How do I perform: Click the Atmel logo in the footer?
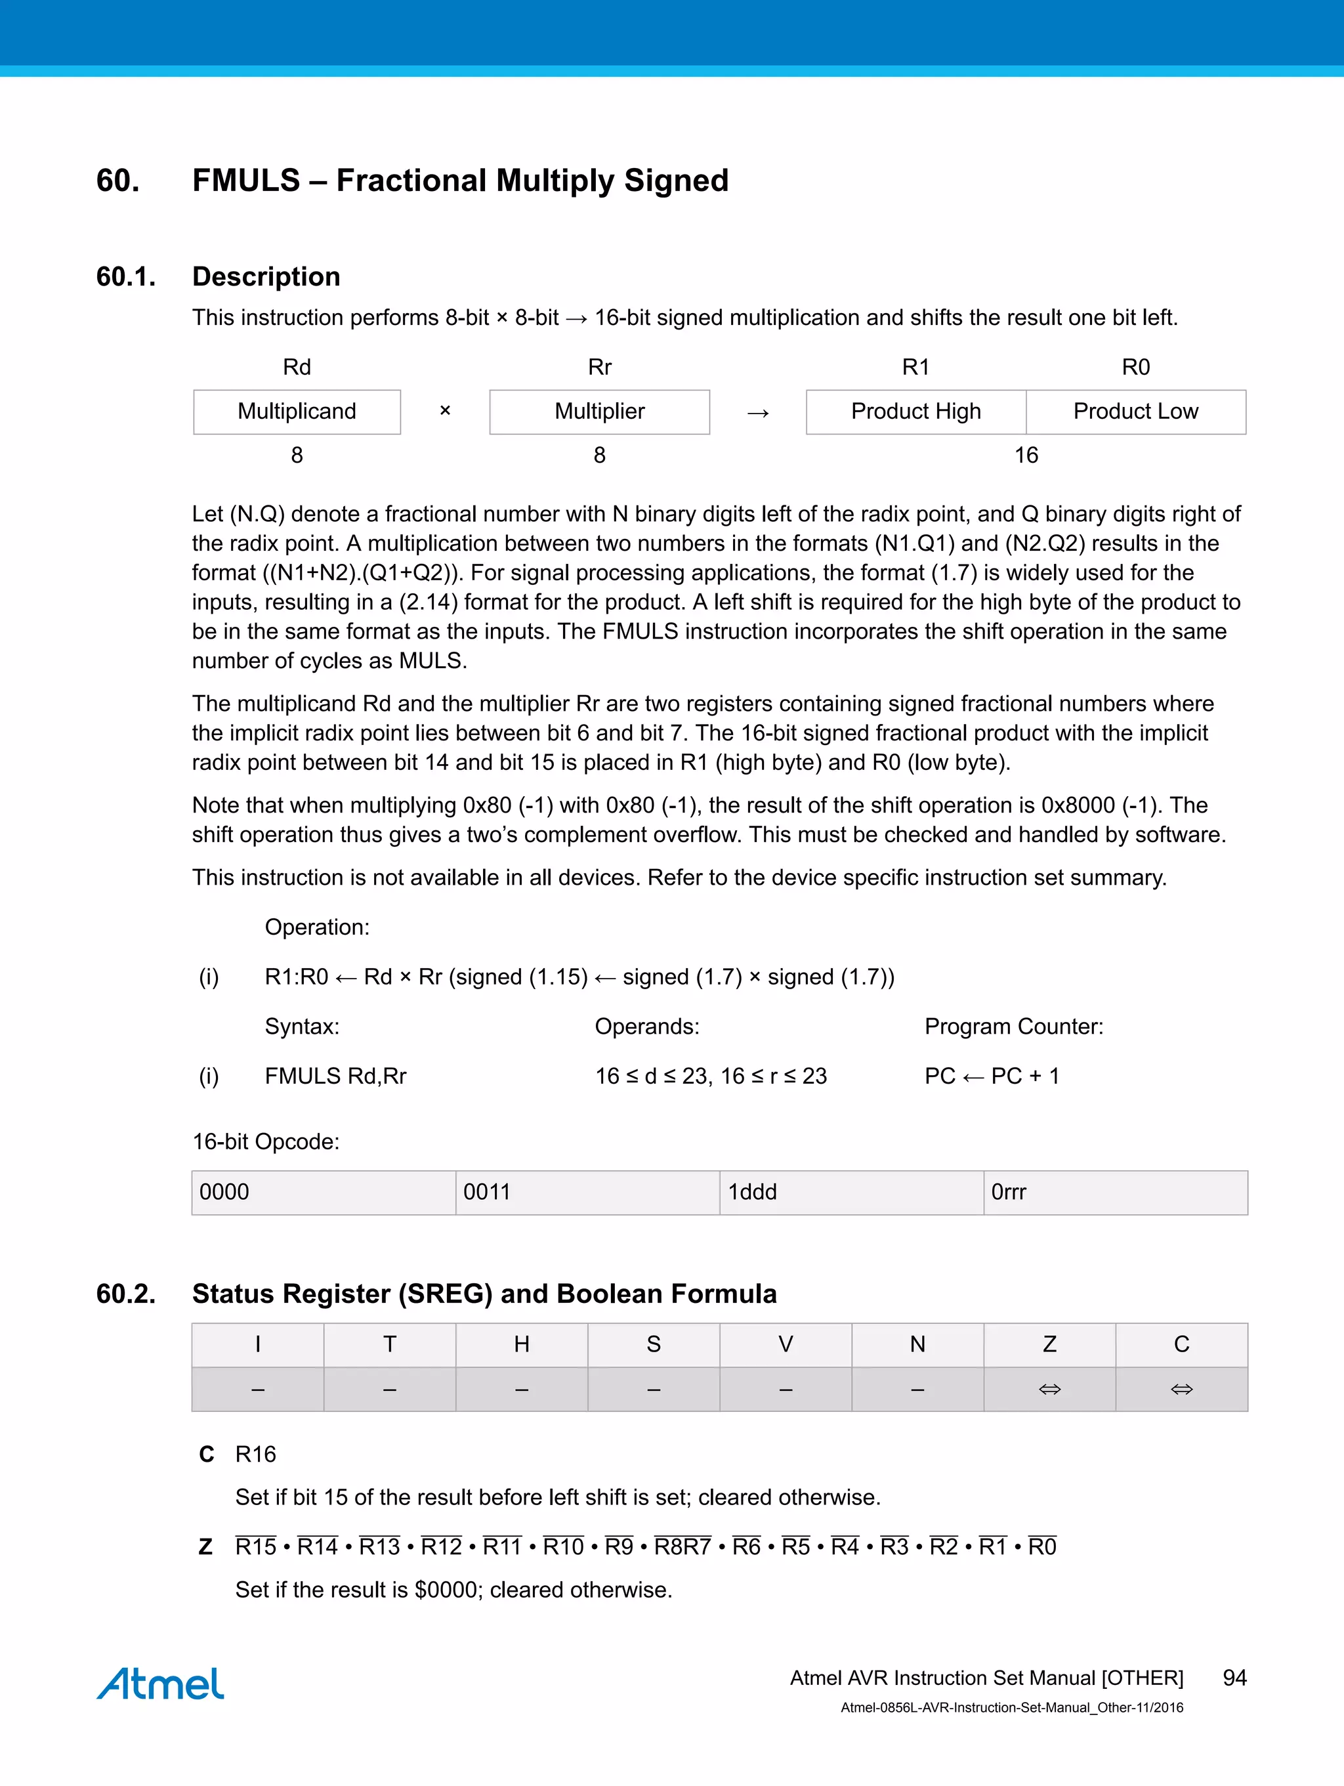tap(160, 1684)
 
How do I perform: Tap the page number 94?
tap(1234, 1678)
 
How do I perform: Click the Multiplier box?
tap(599, 412)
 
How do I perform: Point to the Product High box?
tap(915, 412)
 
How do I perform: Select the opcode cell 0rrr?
tap(1115, 1193)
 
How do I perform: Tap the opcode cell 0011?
tap(587, 1193)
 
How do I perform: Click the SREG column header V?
tap(786, 1344)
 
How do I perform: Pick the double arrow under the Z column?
tap(1049, 1390)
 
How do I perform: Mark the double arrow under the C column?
tap(1181, 1390)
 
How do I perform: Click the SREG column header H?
tap(522, 1344)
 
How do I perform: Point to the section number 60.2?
tap(126, 1294)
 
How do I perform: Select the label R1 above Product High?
tap(915, 368)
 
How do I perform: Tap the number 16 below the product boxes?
tap(1026, 456)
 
